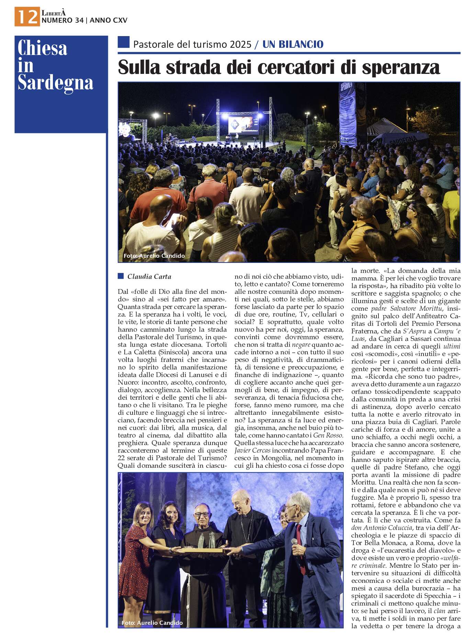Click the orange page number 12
click(27, 16)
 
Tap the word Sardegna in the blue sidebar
click(55, 82)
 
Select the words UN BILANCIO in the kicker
click(293, 44)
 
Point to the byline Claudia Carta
click(149, 277)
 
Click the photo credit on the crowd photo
click(154, 256)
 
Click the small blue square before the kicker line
click(123, 42)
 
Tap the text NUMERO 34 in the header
click(62, 20)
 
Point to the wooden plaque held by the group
click(201, 550)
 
